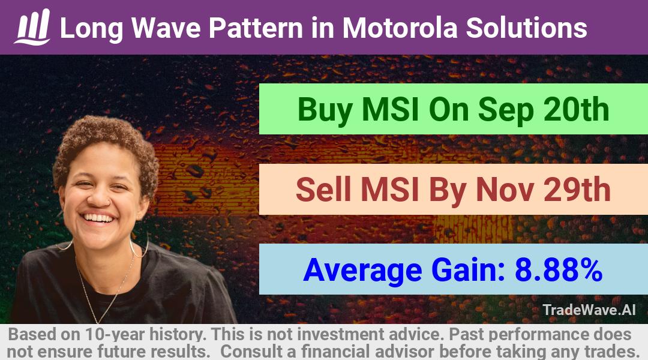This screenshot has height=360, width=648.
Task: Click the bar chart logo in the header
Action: (32, 27)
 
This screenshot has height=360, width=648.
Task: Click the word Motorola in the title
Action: (400, 28)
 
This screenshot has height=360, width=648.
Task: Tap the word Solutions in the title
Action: (527, 28)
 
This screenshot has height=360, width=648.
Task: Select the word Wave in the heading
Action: (166, 28)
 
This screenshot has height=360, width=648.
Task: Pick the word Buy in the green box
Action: (325, 110)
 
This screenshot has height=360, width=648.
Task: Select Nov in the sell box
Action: (505, 189)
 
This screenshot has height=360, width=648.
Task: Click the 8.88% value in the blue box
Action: (559, 269)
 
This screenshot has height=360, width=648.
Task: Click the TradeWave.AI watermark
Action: (589, 310)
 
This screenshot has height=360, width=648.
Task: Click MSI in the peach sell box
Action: (390, 189)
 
